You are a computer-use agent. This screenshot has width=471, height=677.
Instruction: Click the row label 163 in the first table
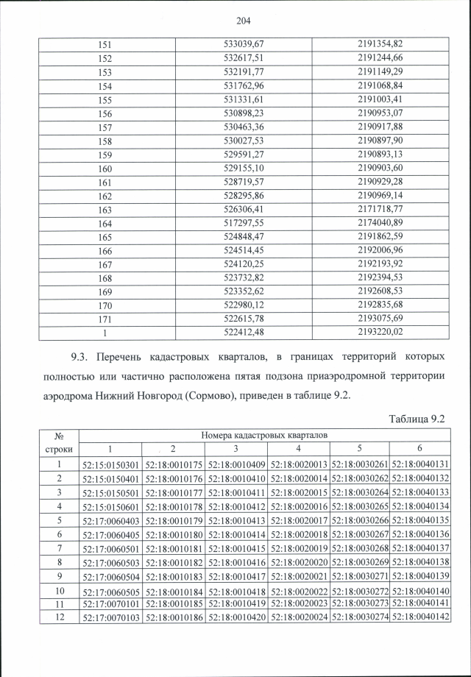(105, 209)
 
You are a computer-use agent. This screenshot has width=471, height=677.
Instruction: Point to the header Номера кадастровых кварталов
(265, 436)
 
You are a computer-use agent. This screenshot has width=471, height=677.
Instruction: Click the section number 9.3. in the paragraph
(82, 356)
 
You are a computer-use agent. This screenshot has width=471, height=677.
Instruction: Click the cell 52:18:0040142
(421, 617)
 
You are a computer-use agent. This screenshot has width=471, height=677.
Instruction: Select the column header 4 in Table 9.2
(298, 449)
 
